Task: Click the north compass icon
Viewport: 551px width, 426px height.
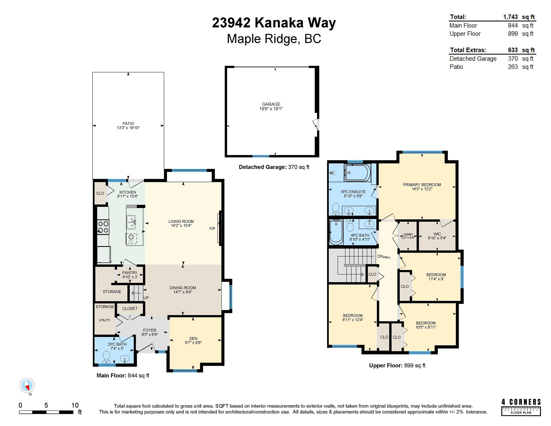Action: (27, 386)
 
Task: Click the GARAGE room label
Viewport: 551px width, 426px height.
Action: (271, 104)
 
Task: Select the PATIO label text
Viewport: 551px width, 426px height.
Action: (128, 123)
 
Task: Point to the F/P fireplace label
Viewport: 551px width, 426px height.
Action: (212, 229)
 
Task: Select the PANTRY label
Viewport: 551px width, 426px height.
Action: (130, 273)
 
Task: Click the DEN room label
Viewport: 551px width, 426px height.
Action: (193, 338)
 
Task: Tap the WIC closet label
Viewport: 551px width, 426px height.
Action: (437, 234)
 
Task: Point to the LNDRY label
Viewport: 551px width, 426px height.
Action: (408, 234)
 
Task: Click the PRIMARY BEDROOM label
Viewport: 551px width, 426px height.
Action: (422, 185)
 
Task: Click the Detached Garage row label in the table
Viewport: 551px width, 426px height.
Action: (473, 59)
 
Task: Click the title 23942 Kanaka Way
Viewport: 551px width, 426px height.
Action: (274, 23)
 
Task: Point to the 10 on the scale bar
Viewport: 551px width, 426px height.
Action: (75, 405)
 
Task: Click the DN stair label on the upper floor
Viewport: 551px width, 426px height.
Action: (380, 256)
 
